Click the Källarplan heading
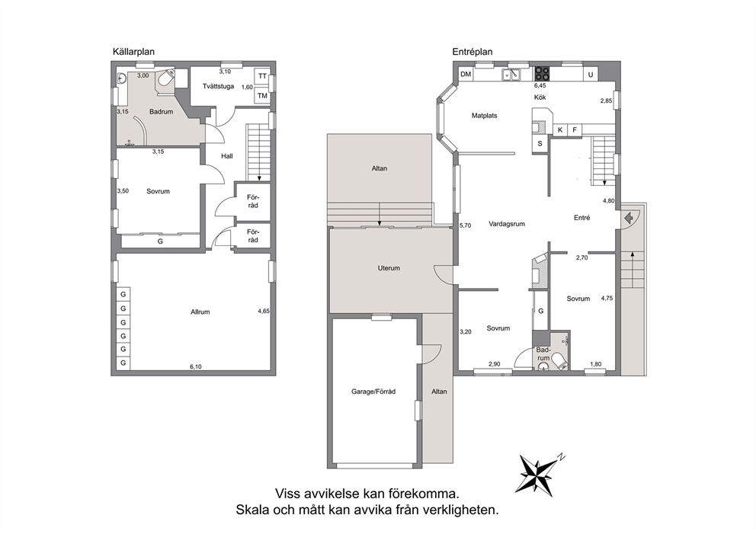point(133,52)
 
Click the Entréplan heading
point(472,52)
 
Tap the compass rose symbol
point(537,474)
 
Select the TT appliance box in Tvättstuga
point(262,76)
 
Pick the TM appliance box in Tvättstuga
point(262,95)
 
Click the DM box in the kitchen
point(466,74)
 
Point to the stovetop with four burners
point(542,73)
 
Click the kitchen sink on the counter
point(511,74)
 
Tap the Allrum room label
point(200,312)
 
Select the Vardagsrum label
point(507,224)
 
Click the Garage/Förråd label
point(373,392)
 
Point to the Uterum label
point(389,268)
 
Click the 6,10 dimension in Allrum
point(196,366)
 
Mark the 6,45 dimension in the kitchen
point(540,86)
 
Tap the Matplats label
point(484,116)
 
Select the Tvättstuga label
point(219,86)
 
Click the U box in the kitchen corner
point(590,75)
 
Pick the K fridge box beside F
point(560,130)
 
